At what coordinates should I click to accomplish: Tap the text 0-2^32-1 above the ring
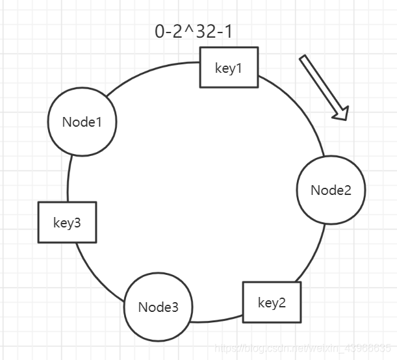[194, 32]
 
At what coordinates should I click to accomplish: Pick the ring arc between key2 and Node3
[216, 320]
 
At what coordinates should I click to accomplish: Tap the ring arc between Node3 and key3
[96, 275]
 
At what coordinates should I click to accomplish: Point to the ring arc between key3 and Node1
[69, 179]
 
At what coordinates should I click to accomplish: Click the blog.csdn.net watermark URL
[303, 348]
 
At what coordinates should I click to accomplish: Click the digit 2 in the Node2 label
[348, 190]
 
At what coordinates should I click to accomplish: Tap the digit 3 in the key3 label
[77, 223]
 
